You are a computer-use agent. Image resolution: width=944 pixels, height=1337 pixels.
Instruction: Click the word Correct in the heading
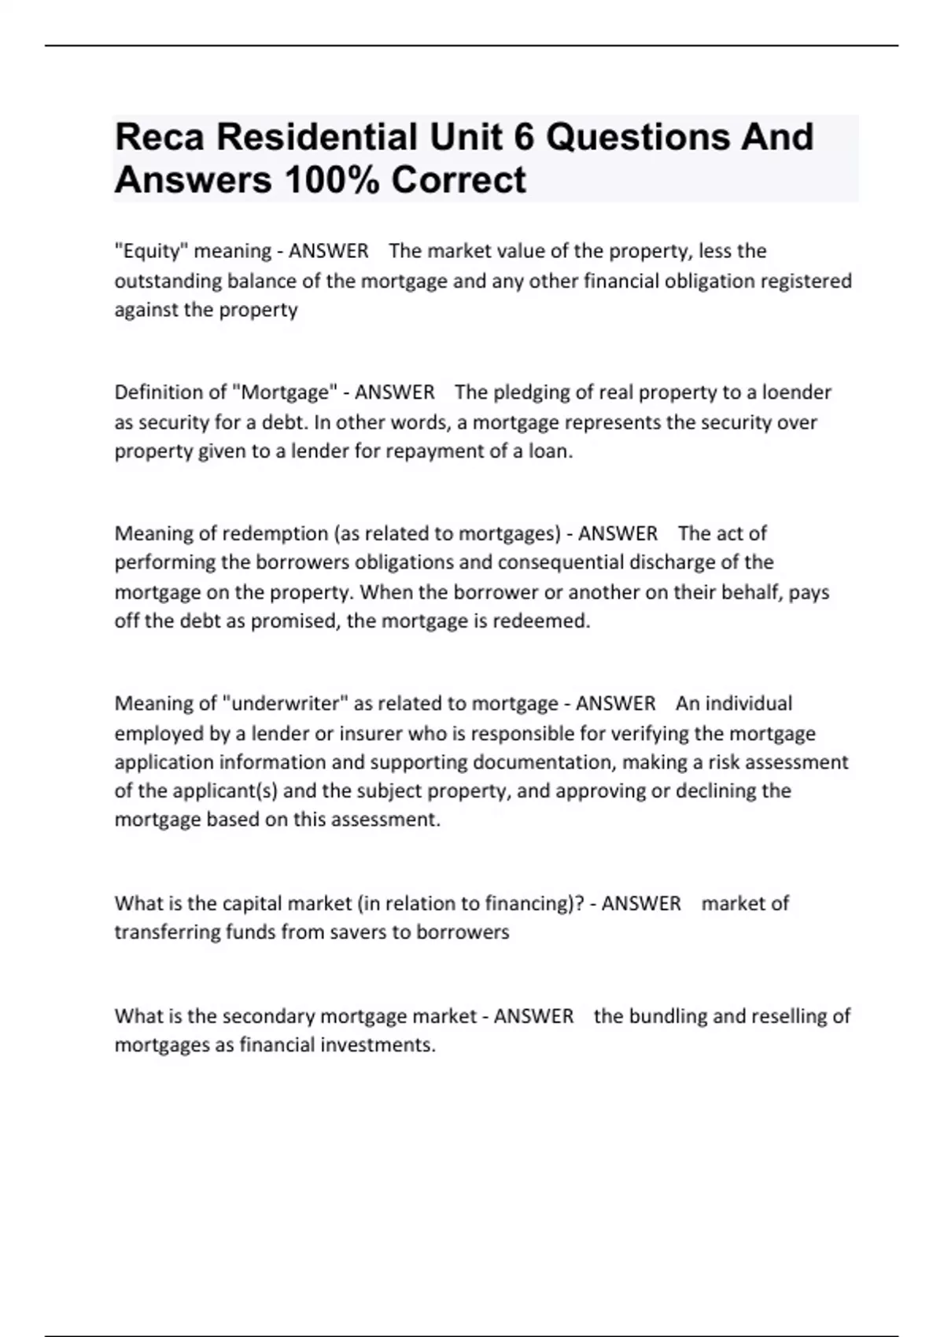(x=459, y=180)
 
